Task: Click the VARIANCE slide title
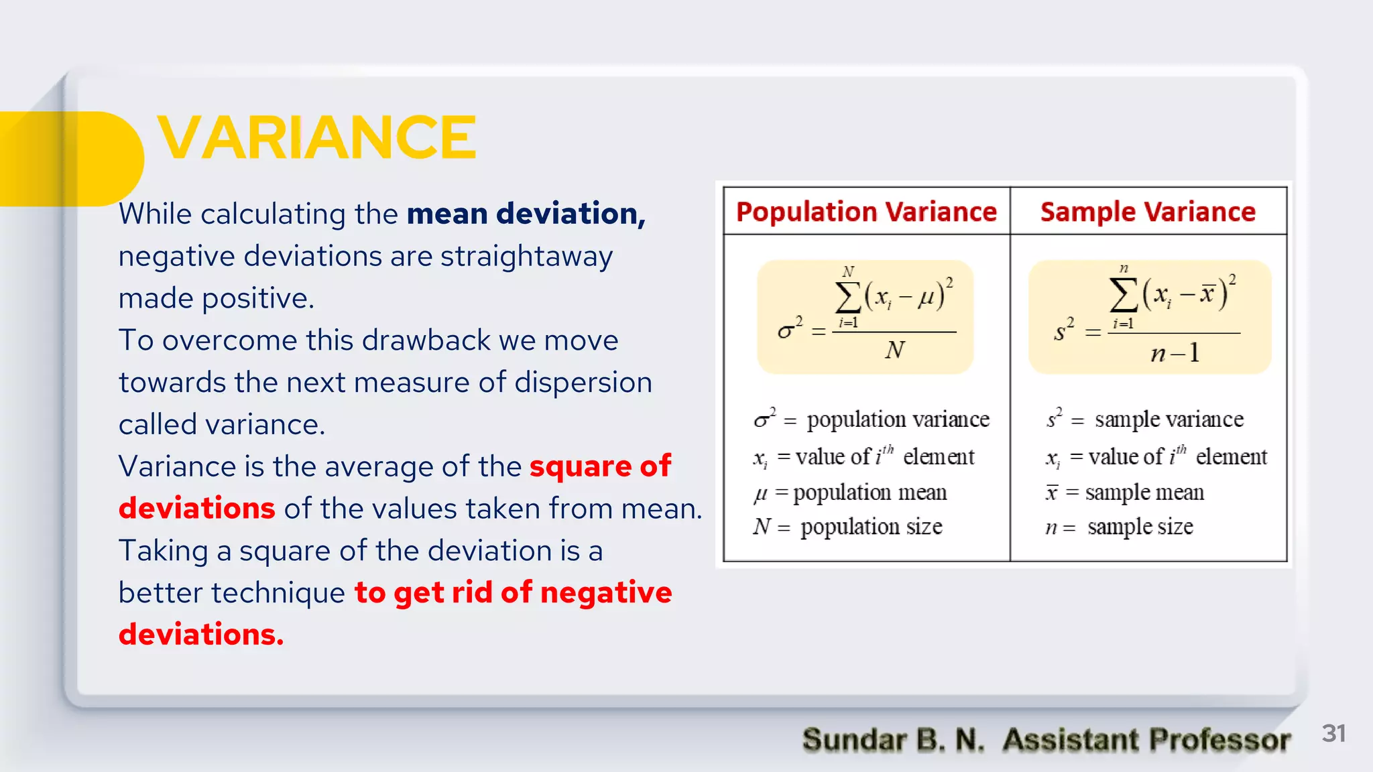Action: point(316,137)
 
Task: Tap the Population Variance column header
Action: point(866,212)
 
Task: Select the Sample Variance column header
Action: point(1148,212)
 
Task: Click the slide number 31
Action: point(1333,733)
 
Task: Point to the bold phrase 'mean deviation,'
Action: point(526,214)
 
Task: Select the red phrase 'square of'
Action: point(600,466)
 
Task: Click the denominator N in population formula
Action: point(895,350)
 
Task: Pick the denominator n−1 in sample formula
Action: point(1175,353)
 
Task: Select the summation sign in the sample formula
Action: point(1124,296)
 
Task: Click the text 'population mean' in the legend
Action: point(870,493)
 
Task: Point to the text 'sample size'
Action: point(1140,527)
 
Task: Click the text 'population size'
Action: point(871,527)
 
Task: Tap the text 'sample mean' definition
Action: point(1144,493)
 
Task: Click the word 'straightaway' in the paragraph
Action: point(526,257)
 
